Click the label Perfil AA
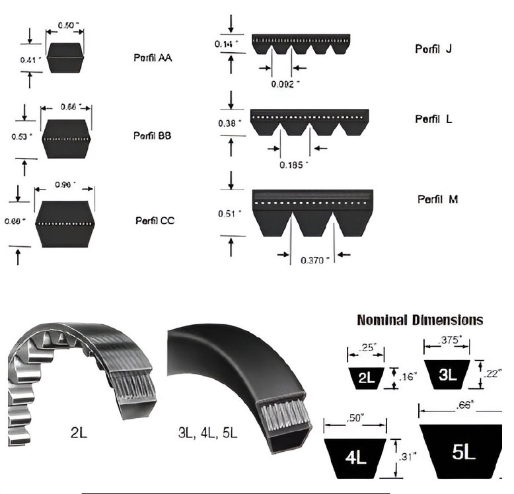[153, 57]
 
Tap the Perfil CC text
[155, 220]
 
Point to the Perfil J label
[433, 49]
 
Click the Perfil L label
[433, 119]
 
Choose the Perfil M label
[437, 199]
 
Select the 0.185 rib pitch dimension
[295, 164]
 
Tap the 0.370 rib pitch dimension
[314, 260]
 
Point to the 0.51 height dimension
[229, 213]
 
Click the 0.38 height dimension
[229, 123]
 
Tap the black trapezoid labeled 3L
[448, 374]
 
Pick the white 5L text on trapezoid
[463, 452]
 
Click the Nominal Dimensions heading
[420, 320]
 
